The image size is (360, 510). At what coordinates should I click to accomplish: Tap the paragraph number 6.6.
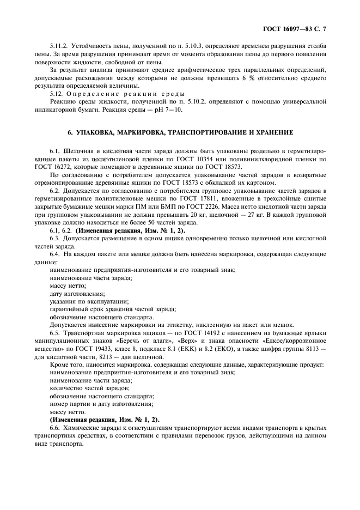coord(56,428)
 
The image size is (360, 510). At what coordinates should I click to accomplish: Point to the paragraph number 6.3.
coord(56,239)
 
